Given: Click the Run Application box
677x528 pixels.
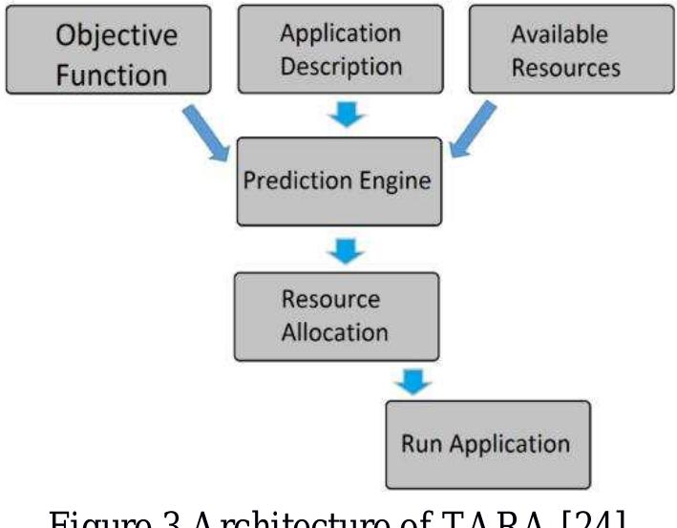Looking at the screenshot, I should click(x=487, y=444).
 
